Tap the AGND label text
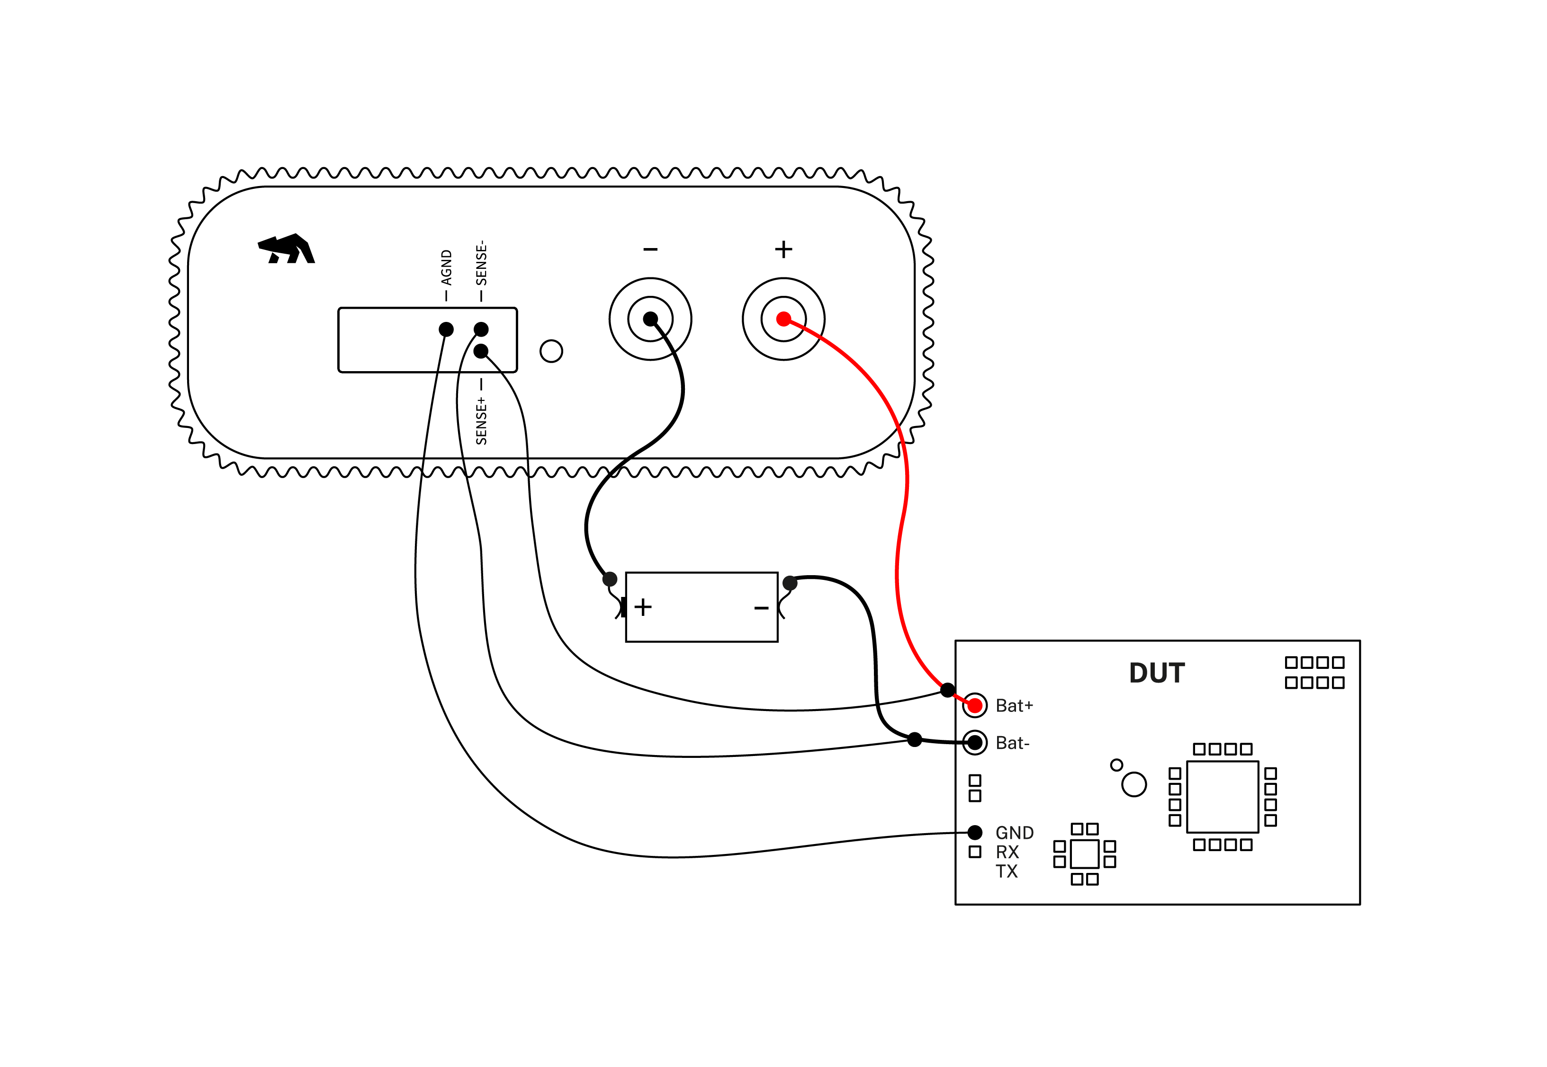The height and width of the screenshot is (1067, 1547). [447, 267]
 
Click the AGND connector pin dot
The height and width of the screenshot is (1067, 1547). [446, 329]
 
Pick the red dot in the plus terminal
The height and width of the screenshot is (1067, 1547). [783, 319]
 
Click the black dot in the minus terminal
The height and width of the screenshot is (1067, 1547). [650, 319]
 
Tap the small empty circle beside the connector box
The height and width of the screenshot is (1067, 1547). [551, 351]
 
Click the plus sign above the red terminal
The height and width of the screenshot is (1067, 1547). [783, 249]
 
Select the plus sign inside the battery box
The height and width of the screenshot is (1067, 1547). [643, 607]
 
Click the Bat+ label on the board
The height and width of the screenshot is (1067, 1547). [1014, 705]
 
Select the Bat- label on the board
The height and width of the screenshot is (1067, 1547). [1012, 743]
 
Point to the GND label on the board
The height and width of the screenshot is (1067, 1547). [1014, 833]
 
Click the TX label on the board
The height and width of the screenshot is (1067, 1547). [1006, 871]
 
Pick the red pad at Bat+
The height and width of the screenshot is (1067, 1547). [975, 705]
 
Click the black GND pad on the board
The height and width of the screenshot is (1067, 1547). [975, 832]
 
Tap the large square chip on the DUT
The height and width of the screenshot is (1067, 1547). [1223, 797]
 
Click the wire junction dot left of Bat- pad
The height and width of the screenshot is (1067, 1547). [915, 739]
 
